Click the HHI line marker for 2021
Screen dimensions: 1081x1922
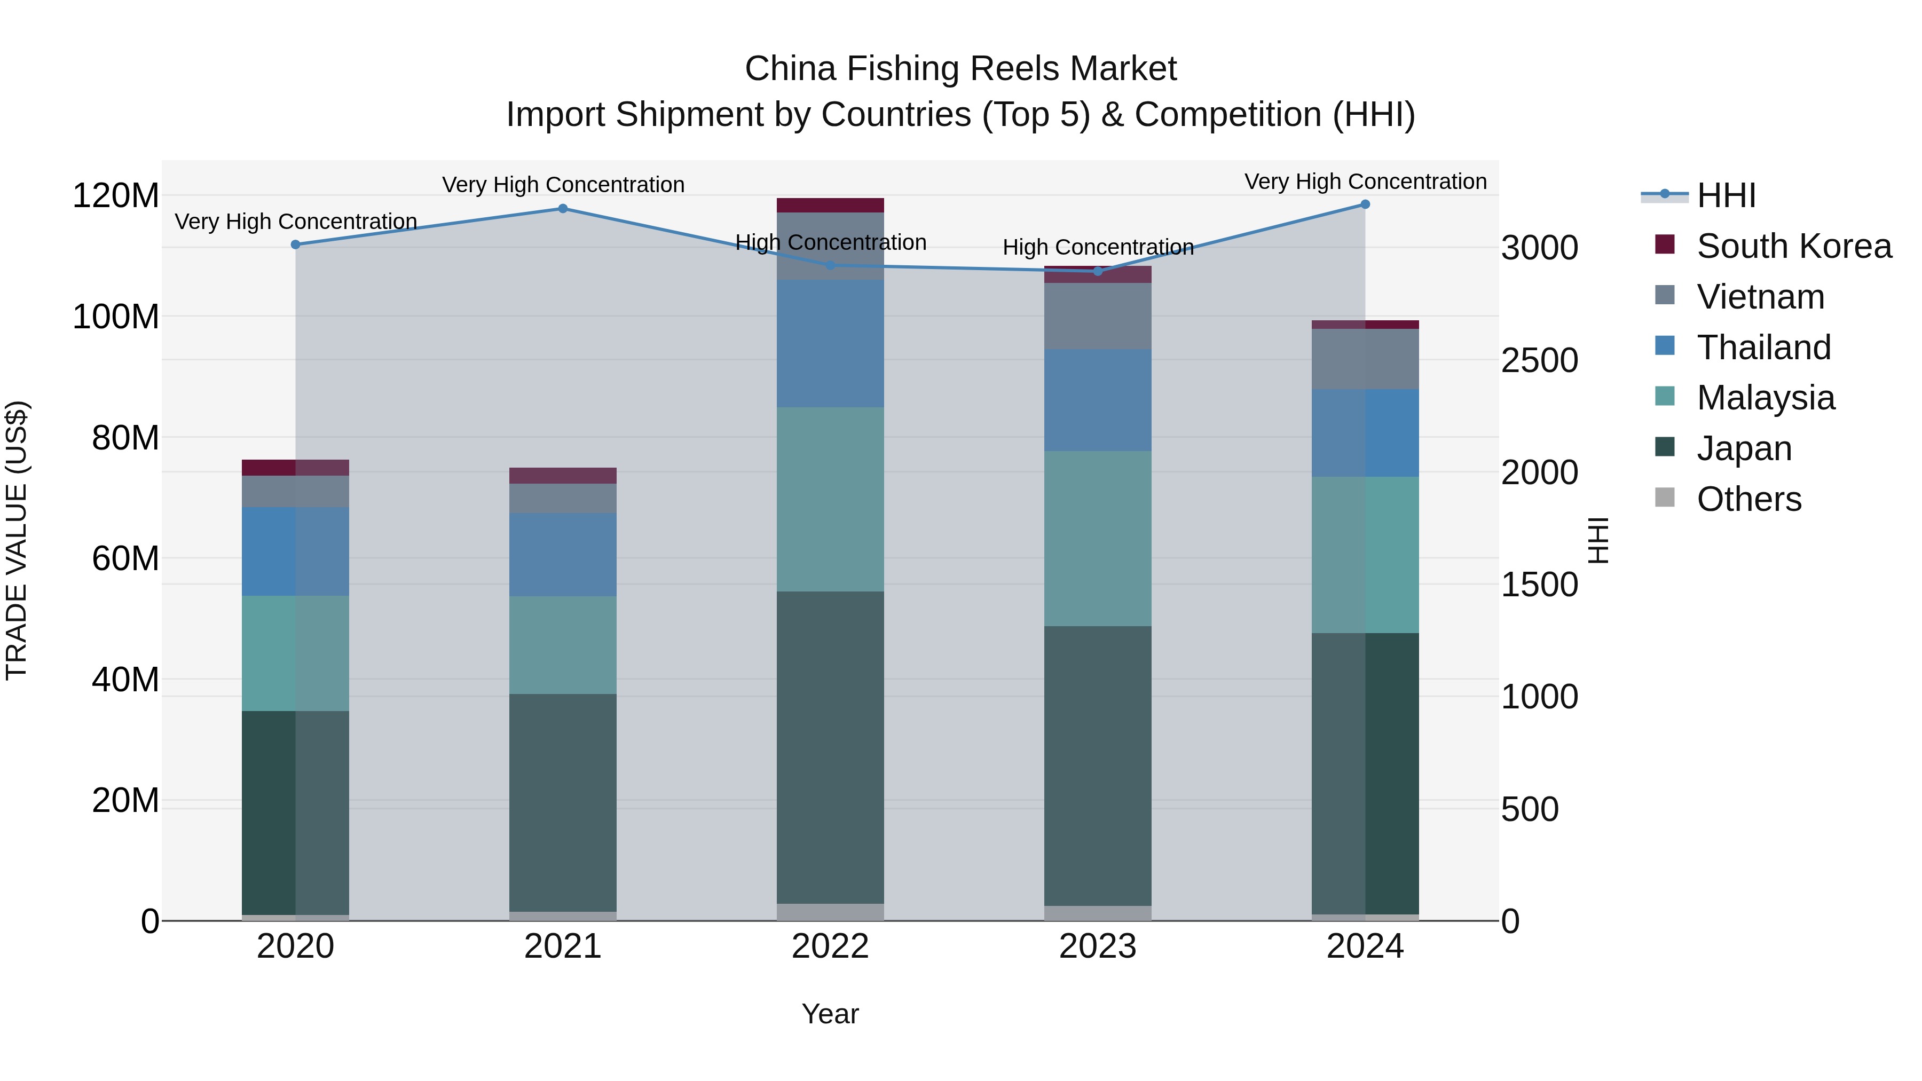(563, 209)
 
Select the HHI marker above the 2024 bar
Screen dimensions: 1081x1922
(1365, 204)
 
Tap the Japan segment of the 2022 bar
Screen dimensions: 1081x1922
(830, 746)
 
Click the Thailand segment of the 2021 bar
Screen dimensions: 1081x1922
(563, 554)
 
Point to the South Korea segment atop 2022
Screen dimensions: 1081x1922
(830, 205)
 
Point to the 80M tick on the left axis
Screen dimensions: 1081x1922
(125, 438)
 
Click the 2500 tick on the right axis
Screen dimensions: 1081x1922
(1539, 360)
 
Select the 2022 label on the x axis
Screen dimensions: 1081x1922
(830, 946)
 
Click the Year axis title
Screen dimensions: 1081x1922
(830, 1014)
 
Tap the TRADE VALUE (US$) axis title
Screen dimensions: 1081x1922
(17, 540)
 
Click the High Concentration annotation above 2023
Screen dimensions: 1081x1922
(1098, 247)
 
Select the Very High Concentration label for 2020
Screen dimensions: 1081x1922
(295, 222)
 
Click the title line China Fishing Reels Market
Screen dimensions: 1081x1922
(960, 69)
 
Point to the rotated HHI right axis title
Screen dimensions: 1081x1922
(1597, 540)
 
